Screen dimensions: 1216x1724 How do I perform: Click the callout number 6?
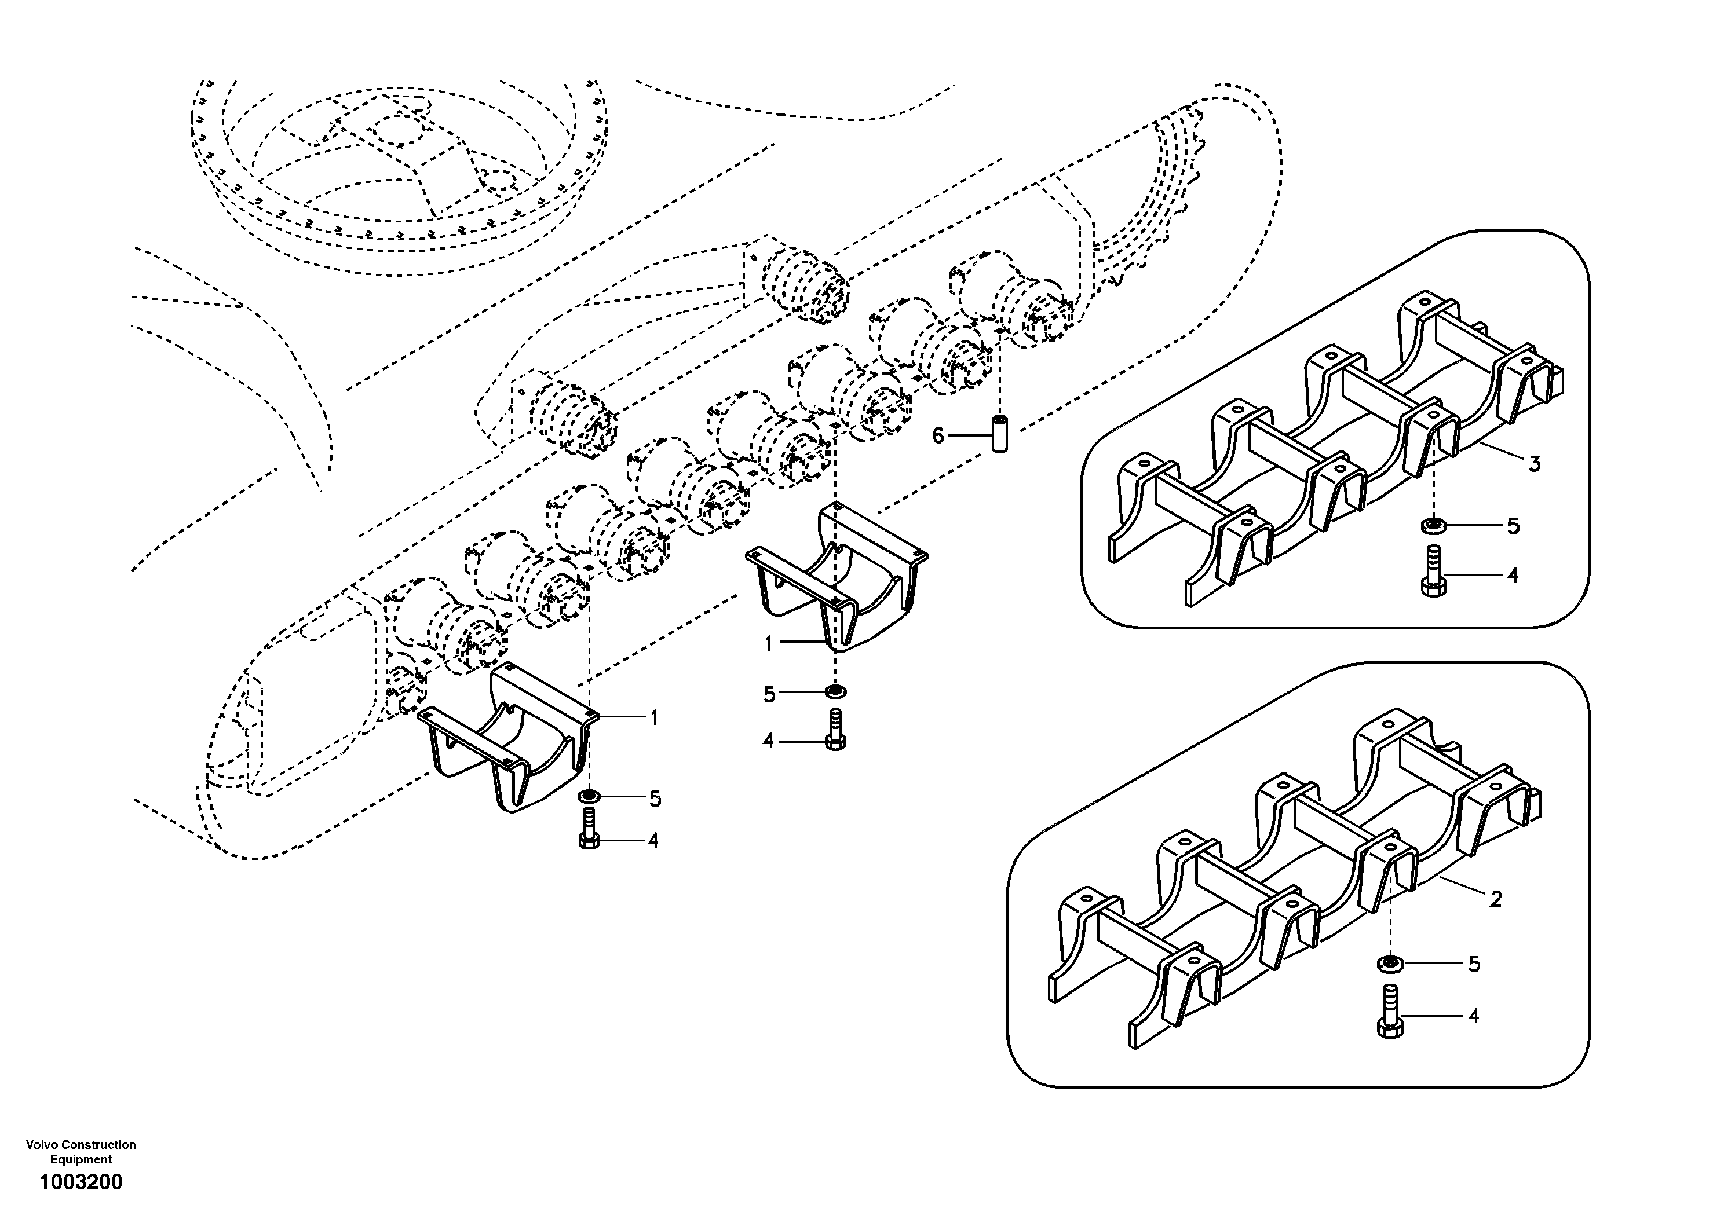938,435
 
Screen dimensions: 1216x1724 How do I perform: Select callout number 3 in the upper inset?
1535,464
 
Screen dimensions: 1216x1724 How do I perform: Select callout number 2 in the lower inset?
1496,899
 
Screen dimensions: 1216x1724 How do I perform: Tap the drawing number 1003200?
81,1182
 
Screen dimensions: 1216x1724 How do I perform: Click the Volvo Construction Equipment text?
81,1152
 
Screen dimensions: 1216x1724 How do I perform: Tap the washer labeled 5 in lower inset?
1391,963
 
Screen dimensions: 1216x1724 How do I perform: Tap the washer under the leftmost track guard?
589,796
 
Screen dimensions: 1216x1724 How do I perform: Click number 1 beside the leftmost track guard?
654,719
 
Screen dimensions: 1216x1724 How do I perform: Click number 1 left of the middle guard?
768,643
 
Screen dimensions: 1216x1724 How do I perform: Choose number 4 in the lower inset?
1473,1016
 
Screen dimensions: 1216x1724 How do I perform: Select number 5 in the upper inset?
1514,526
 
